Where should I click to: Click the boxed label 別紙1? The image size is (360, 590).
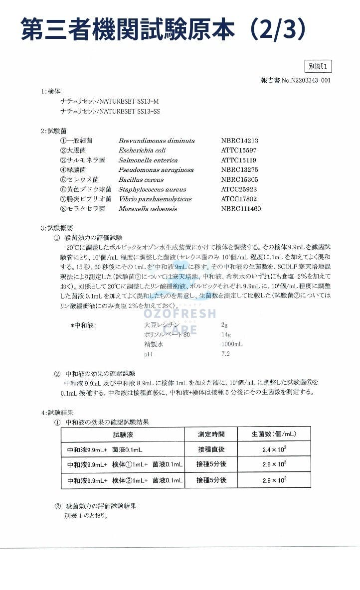(317, 66)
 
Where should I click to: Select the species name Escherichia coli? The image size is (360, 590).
(142, 150)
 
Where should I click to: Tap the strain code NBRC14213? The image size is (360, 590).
(239, 141)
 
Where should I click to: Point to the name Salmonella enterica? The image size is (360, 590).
(148, 160)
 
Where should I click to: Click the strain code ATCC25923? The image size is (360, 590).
(239, 189)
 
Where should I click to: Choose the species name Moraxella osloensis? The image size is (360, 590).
(148, 209)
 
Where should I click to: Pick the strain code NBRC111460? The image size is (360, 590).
(241, 209)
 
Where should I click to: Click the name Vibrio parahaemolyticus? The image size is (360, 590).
(155, 199)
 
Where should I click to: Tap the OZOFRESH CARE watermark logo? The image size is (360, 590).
(180, 319)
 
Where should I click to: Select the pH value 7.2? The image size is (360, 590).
(225, 354)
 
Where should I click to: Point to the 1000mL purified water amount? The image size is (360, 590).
(232, 344)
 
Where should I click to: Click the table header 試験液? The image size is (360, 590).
(123, 435)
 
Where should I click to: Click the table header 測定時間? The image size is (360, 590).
(211, 435)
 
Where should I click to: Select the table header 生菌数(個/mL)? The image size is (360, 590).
(274, 435)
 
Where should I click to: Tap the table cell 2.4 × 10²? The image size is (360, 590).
(274, 449)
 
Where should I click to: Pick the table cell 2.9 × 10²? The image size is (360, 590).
(274, 480)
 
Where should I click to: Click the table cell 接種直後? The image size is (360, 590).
(211, 449)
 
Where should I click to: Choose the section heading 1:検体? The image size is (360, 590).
(51, 92)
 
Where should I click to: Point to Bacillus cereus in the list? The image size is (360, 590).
(141, 180)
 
